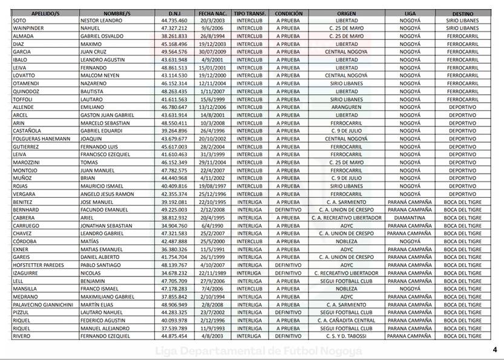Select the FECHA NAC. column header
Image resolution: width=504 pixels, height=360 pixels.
point(212,13)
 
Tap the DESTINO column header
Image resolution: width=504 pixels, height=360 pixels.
point(462,13)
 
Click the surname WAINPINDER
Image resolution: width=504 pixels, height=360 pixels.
point(29,28)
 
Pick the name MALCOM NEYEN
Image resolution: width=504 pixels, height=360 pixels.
point(99,76)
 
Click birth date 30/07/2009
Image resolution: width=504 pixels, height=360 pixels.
point(212,52)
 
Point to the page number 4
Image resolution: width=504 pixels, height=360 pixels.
point(494,350)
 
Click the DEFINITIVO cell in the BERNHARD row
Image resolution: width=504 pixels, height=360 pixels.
point(289,210)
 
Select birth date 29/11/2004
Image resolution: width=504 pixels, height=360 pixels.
point(212,162)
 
